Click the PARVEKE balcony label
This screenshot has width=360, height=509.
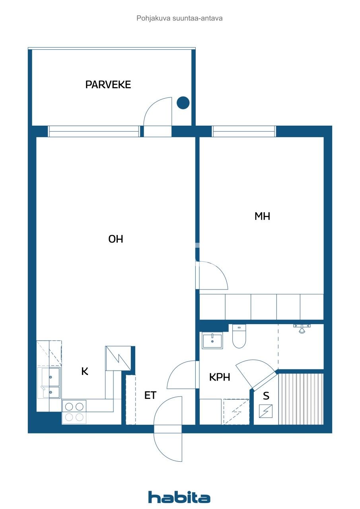coord(108,85)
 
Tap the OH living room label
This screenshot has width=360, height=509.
coord(116,239)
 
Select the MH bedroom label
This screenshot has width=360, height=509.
coord(262,216)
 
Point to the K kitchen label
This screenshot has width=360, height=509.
coord(85,371)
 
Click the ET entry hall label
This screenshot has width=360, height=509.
coord(150,395)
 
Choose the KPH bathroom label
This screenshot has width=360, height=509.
coord(220,377)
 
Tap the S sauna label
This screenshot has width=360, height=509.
coord(266,396)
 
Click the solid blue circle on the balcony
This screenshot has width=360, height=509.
coord(183,103)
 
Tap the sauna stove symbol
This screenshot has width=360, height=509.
coord(266,411)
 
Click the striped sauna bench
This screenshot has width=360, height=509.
coord(301,399)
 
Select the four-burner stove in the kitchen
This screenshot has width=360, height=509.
coord(74,412)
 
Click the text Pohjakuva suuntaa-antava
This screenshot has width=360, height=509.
coord(179,18)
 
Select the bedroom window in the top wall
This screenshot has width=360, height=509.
coord(244,131)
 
